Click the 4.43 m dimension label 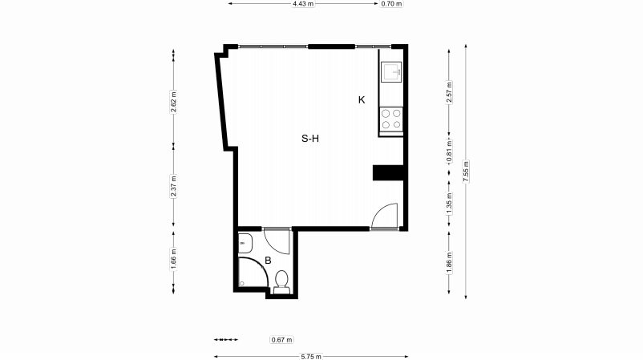coord(303,4)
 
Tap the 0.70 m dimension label coord(391,4)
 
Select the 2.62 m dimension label coord(173,101)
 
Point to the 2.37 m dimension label coord(173,187)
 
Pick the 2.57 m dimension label coord(449,93)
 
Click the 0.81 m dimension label coord(449,151)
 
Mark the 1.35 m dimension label coord(449,204)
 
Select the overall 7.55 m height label coord(466,172)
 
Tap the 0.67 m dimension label coord(281,339)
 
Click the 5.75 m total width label coord(311,356)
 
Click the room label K coord(362,100)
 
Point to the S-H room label coord(310,139)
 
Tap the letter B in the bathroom coord(268,261)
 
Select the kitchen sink coord(391,71)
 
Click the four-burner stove coord(391,119)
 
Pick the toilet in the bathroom coord(281,282)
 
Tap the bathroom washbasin coord(245,243)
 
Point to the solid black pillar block coord(388,172)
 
